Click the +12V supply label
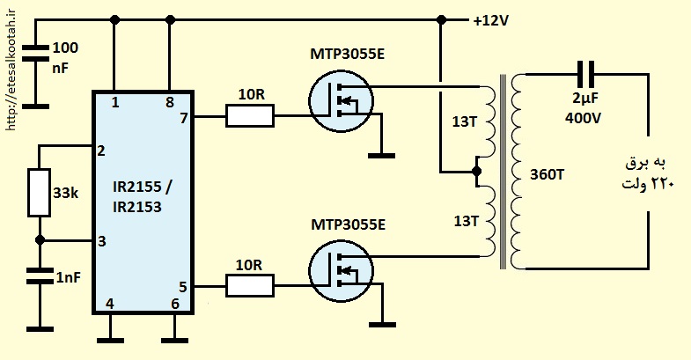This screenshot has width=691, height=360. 491,20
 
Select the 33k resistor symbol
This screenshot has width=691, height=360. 40,193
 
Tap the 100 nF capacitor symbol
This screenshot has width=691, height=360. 35,53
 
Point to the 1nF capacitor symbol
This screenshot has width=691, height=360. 40,276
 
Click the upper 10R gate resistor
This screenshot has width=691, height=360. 250,116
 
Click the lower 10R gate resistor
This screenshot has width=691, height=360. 250,285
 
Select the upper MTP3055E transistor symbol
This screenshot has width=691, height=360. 341,101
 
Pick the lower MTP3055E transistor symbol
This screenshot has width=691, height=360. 341,271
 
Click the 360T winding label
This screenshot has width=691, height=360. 547,174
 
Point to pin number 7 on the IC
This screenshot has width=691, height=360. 184,118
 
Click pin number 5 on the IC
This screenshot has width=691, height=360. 183,287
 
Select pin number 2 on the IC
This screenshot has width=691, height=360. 101,151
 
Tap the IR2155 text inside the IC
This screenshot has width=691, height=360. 137,187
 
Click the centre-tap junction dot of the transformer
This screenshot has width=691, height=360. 476,171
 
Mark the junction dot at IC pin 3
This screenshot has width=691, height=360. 40,240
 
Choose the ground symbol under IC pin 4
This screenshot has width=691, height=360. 110,340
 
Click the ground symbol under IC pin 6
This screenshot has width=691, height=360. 175,340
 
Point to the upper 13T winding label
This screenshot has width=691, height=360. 465,121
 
